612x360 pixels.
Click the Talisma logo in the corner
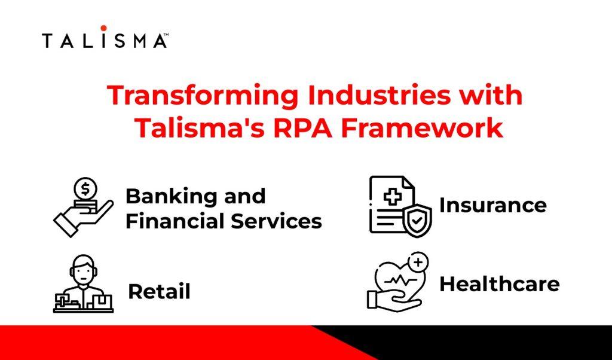coord(104,41)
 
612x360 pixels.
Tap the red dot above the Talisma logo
coord(104,28)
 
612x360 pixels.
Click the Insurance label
coord(492,205)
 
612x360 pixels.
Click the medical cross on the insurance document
coord(391,197)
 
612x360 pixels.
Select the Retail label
coord(159,292)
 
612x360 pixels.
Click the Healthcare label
coord(499,284)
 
